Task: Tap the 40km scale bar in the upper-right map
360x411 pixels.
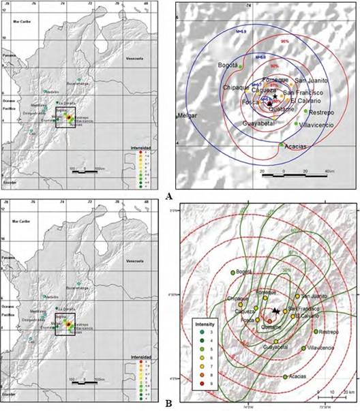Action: click(x=284, y=174)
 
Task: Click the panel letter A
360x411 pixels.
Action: click(x=168, y=194)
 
